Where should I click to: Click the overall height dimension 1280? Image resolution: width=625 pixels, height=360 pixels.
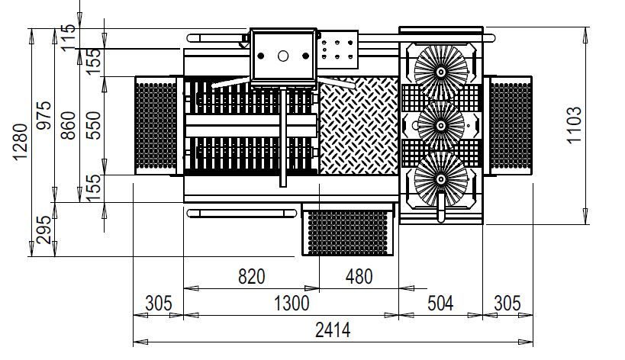20,143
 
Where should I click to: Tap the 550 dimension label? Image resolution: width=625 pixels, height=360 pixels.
92,126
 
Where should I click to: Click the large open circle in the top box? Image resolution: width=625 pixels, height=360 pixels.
282,56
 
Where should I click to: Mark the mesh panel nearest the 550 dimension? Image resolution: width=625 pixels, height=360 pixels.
156,126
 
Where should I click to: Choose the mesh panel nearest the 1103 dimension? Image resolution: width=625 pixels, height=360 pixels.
509,126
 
